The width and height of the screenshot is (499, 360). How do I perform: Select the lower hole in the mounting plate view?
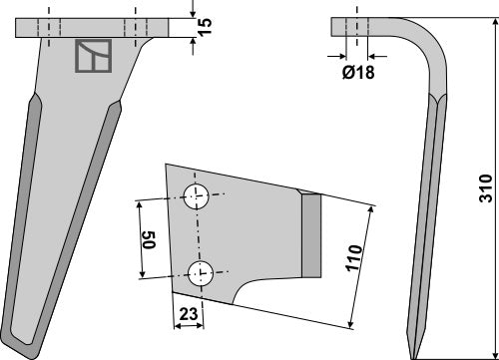(x=202, y=271)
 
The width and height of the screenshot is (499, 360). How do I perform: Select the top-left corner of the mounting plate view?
(x=168, y=166)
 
